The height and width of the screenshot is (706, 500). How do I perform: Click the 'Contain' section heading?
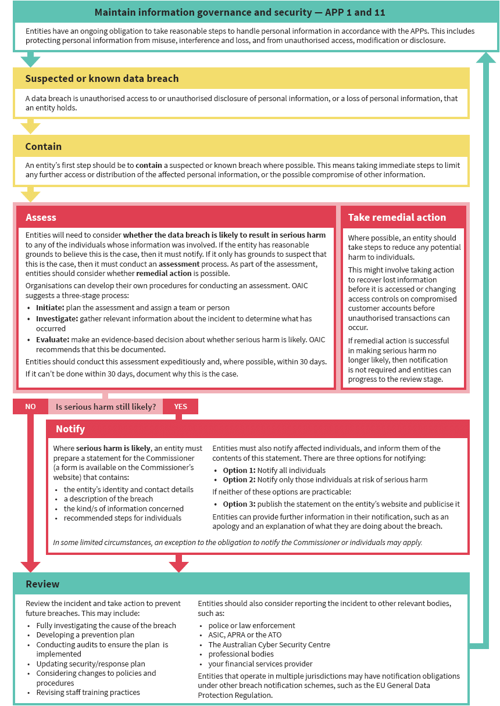pyautogui.click(x=44, y=146)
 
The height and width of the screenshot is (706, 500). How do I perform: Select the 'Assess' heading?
pyautogui.click(x=41, y=217)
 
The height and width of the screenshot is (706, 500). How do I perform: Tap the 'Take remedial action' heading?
pyautogui.click(x=397, y=217)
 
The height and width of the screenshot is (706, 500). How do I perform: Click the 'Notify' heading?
pyautogui.click(x=70, y=429)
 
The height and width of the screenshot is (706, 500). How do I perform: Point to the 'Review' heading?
pyautogui.click(x=42, y=583)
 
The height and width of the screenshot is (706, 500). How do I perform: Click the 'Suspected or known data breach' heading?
pyautogui.click(x=102, y=78)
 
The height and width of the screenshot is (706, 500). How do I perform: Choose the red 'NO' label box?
pyautogui.click(x=30, y=407)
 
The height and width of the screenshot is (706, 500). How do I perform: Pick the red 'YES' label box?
pyautogui.click(x=180, y=407)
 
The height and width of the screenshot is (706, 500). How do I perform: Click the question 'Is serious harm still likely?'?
pyautogui.click(x=106, y=407)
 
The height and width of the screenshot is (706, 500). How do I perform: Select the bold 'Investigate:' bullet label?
pyautogui.click(x=57, y=318)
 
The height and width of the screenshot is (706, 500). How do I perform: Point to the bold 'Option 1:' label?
pyautogui.click(x=239, y=470)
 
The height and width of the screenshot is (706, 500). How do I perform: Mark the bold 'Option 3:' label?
pyautogui.click(x=239, y=504)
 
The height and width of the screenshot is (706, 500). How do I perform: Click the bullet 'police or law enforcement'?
pyautogui.click(x=252, y=625)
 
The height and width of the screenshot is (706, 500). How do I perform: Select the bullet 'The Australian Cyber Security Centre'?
pyautogui.click(x=269, y=644)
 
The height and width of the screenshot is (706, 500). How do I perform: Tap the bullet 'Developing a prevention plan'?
pyautogui.click(x=85, y=635)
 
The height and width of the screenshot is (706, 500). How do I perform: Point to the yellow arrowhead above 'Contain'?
pyautogui.click(x=30, y=128)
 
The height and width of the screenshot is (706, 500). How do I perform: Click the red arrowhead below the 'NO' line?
pyautogui.click(x=30, y=567)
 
